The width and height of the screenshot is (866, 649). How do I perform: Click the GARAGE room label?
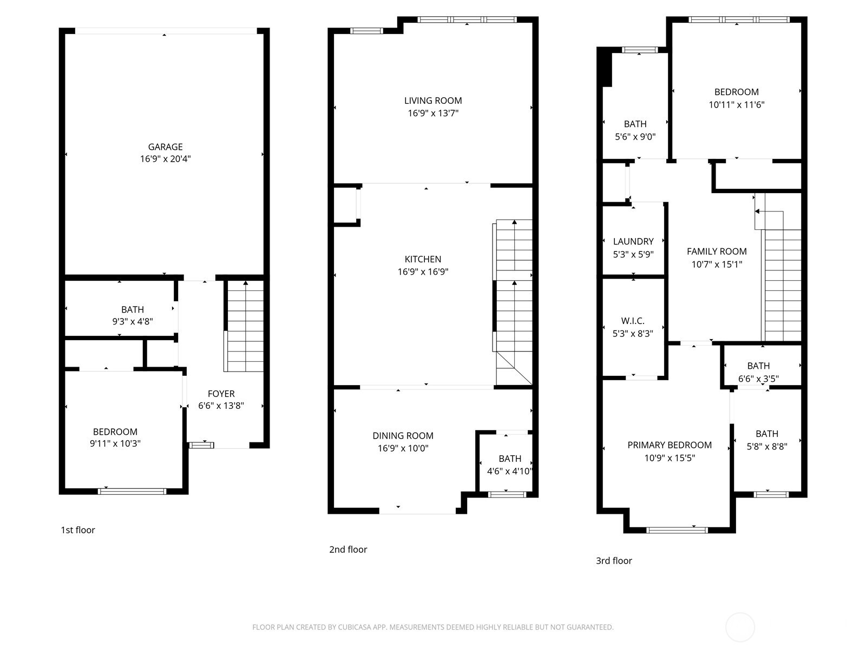165,147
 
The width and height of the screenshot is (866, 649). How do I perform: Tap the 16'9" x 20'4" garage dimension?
165,159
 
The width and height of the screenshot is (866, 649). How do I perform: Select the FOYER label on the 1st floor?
221,394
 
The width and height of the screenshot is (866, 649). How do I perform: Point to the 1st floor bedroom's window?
132,491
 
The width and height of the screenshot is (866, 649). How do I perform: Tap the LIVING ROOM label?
433,101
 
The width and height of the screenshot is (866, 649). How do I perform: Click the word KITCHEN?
423,259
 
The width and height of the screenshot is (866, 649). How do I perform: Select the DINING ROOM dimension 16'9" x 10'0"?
403,448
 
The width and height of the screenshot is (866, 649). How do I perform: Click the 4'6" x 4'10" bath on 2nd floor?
509,465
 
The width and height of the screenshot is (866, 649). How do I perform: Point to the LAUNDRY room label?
633,241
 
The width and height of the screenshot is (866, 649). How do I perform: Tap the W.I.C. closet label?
633,321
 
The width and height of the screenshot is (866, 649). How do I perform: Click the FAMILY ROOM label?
717,251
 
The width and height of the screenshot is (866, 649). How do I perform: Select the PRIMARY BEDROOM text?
669,445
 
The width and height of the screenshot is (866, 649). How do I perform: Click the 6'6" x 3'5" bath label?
758,373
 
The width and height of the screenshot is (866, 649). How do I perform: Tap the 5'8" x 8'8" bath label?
766,440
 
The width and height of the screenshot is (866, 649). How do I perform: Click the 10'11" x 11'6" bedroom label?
736,98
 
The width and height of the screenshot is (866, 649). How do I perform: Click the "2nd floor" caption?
348,549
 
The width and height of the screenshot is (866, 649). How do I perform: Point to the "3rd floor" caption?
614,561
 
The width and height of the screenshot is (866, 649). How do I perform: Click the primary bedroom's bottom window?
677,530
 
